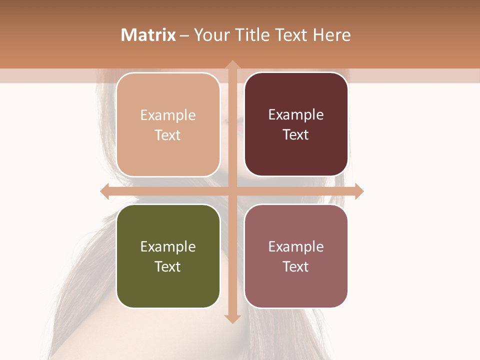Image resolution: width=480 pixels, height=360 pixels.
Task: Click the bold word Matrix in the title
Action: [x=148, y=35]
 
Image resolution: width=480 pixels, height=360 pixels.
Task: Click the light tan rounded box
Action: [x=168, y=124]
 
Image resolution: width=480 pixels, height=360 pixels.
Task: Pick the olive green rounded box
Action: [x=168, y=256]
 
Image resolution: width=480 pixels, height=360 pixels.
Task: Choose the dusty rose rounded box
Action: [x=296, y=256]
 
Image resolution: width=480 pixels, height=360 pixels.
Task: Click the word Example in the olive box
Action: [x=168, y=246]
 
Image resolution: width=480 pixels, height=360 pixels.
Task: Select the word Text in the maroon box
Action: [x=296, y=134]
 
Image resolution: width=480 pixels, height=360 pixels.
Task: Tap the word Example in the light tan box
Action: [x=168, y=115]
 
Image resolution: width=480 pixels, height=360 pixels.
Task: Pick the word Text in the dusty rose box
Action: [x=296, y=266]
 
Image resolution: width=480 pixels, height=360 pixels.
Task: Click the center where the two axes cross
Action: [x=232, y=191]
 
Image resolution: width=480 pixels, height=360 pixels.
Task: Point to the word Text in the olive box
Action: [x=168, y=266]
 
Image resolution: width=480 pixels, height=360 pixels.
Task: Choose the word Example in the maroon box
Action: [x=296, y=114]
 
